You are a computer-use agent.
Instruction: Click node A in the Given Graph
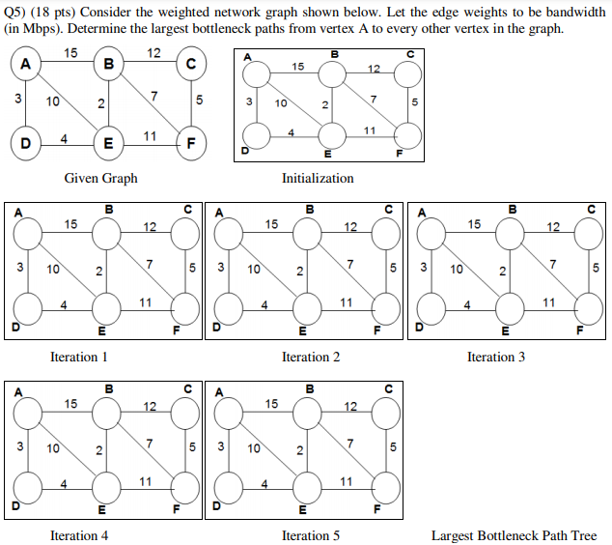(x=25, y=65)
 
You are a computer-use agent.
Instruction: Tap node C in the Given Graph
(x=191, y=65)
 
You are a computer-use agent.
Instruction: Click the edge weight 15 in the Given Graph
(x=70, y=52)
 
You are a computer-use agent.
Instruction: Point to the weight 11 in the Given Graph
(x=150, y=136)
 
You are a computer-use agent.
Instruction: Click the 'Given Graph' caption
(x=100, y=178)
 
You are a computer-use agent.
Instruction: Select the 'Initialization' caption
(x=318, y=178)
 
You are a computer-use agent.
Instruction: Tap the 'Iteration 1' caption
(x=79, y=358)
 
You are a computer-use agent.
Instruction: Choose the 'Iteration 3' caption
(x=496, y=358)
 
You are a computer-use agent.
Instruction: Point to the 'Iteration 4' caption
(x=79, y=535)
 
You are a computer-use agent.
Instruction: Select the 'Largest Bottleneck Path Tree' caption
(x=514, y=535)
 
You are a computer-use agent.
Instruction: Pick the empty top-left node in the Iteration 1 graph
(x=29, y=233)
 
